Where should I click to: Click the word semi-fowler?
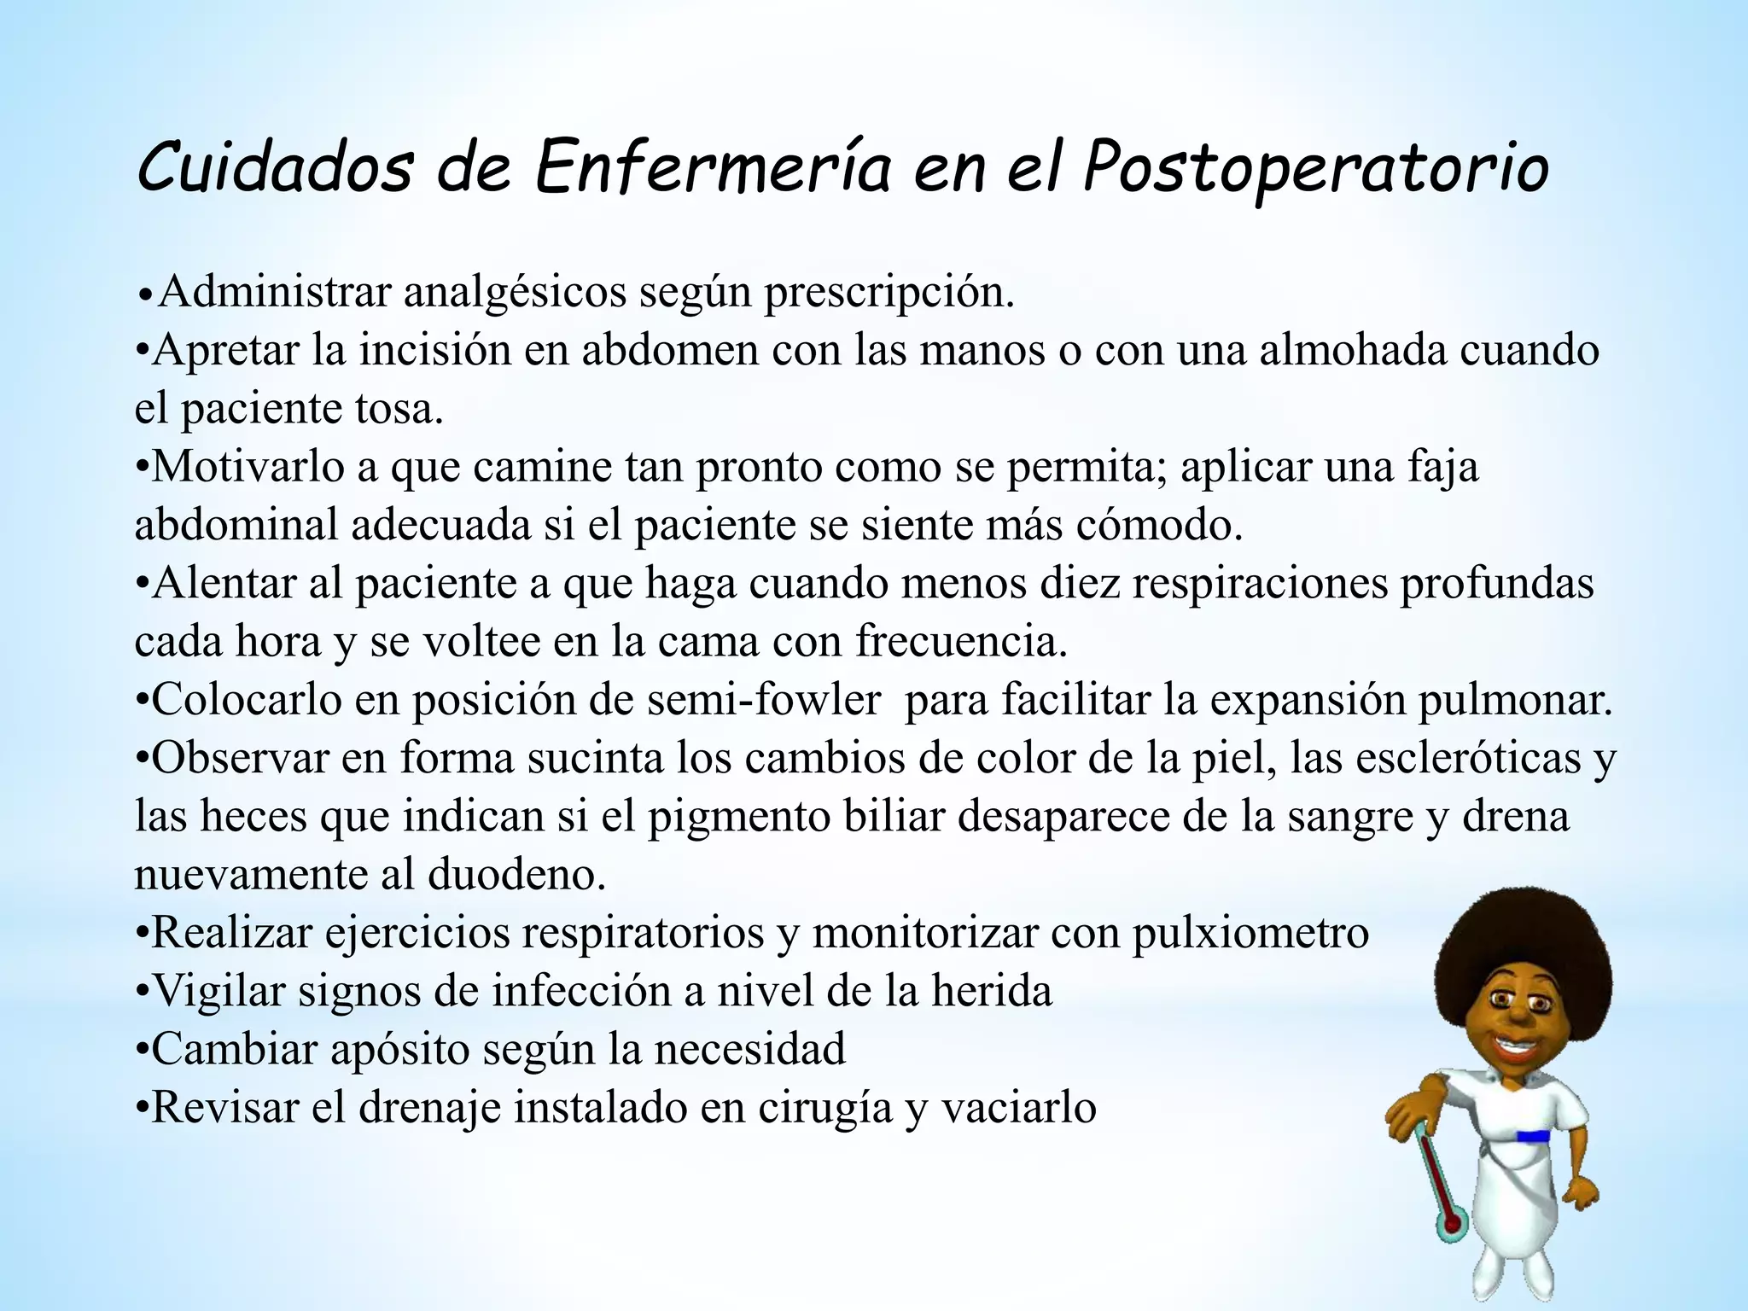[764, 700]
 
